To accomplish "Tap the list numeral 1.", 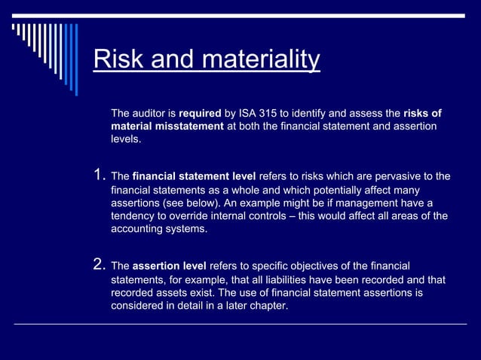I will click(98, 176).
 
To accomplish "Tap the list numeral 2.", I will click(98, 264).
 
